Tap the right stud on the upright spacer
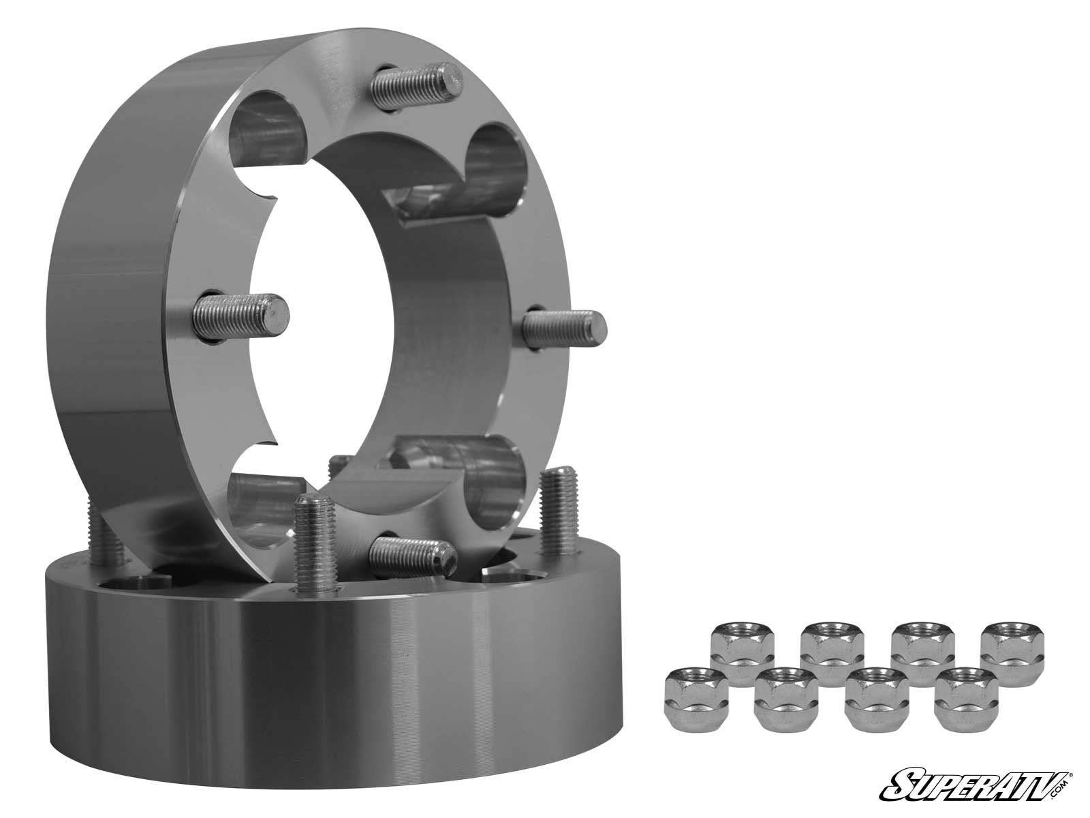point(565,325)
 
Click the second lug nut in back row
point(827,646)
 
